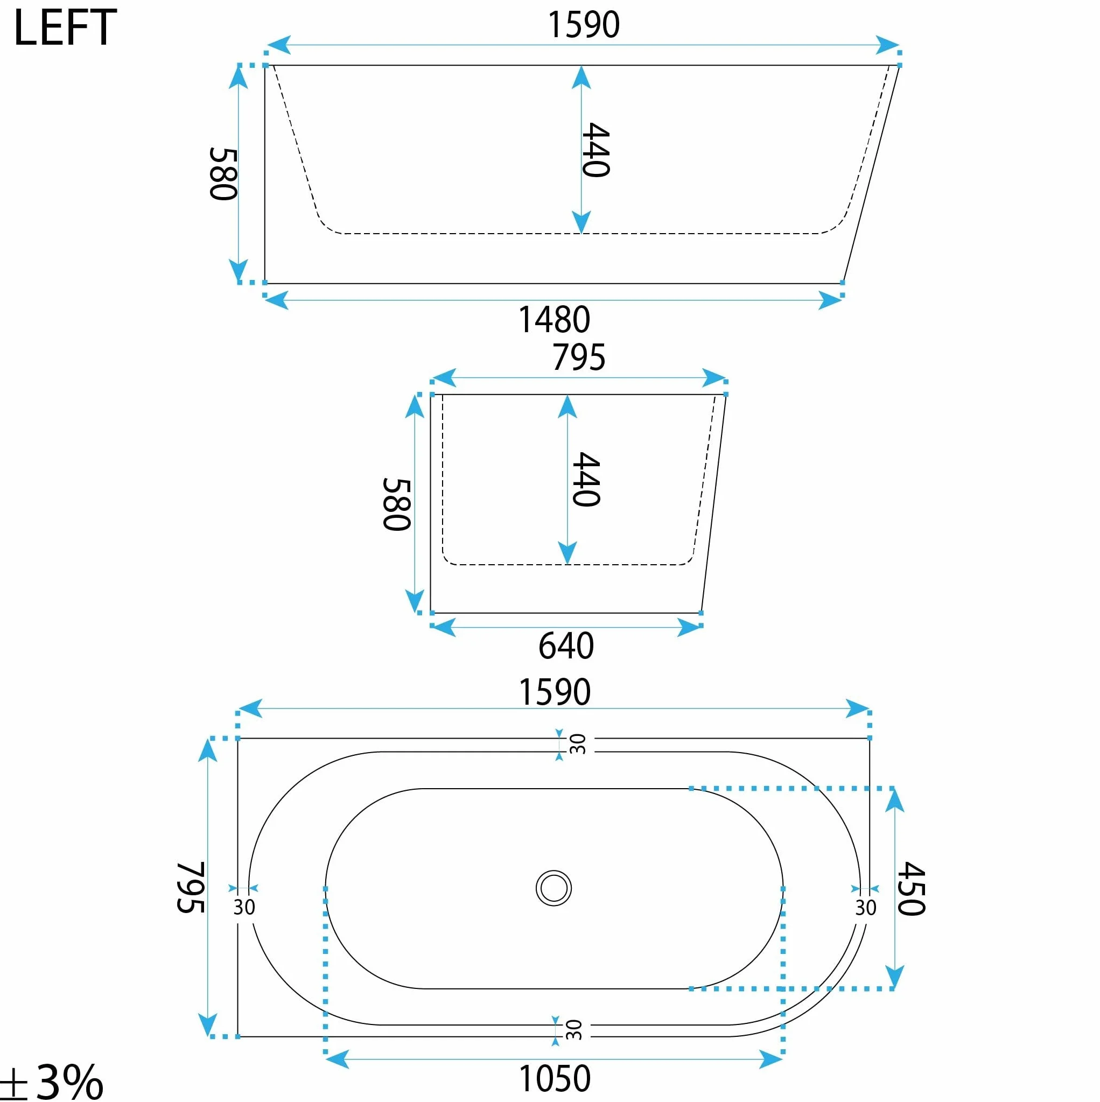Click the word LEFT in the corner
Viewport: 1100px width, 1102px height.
[x=65, y=28]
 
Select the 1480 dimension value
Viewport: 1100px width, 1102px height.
[x=554, y=319]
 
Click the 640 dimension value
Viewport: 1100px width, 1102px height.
[x=566, y=645]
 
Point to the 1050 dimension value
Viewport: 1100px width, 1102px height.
[x=555, y=1078]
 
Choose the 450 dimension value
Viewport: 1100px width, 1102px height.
[x=910, y=888]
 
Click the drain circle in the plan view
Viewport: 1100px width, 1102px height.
[x=553, y=888]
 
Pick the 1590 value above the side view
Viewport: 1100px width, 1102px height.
[x=583, y=25]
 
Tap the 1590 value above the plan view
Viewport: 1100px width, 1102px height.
[x=555, y=692]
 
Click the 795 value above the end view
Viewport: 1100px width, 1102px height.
[x=578, y=357]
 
